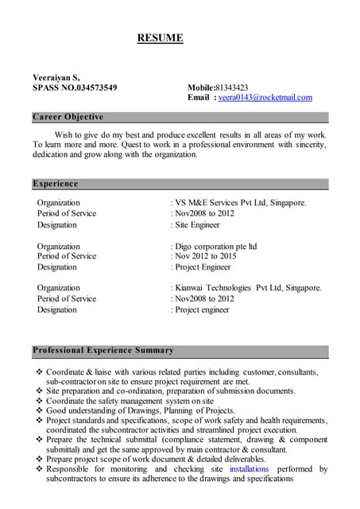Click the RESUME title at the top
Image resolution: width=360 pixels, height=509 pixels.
(160, 37)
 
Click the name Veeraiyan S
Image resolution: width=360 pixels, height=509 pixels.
(56, 77)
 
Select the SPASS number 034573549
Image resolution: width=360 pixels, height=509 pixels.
(92, 87)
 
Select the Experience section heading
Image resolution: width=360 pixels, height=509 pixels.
(56, 184)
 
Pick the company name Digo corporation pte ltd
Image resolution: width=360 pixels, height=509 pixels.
(215, 247)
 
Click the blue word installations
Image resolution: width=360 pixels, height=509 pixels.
(249, 469)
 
